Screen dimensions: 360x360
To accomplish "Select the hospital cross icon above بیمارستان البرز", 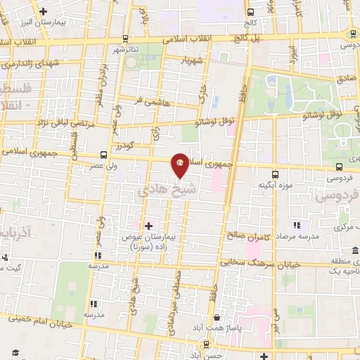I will pyautogui.click(x=44, y=11).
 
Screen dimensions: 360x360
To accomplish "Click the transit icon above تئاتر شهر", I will pyautogui.click(x=125, y=38).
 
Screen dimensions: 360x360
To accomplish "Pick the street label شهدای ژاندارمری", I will pyautogui.click(x=32, y=63).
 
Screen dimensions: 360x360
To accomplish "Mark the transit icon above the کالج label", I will pyautogui.click(x=251, y=12).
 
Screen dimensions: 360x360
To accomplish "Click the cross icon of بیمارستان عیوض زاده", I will pyautogui.click(x=148, y=225).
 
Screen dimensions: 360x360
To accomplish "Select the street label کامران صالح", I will pyautogui.click(x=244, y=235).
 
